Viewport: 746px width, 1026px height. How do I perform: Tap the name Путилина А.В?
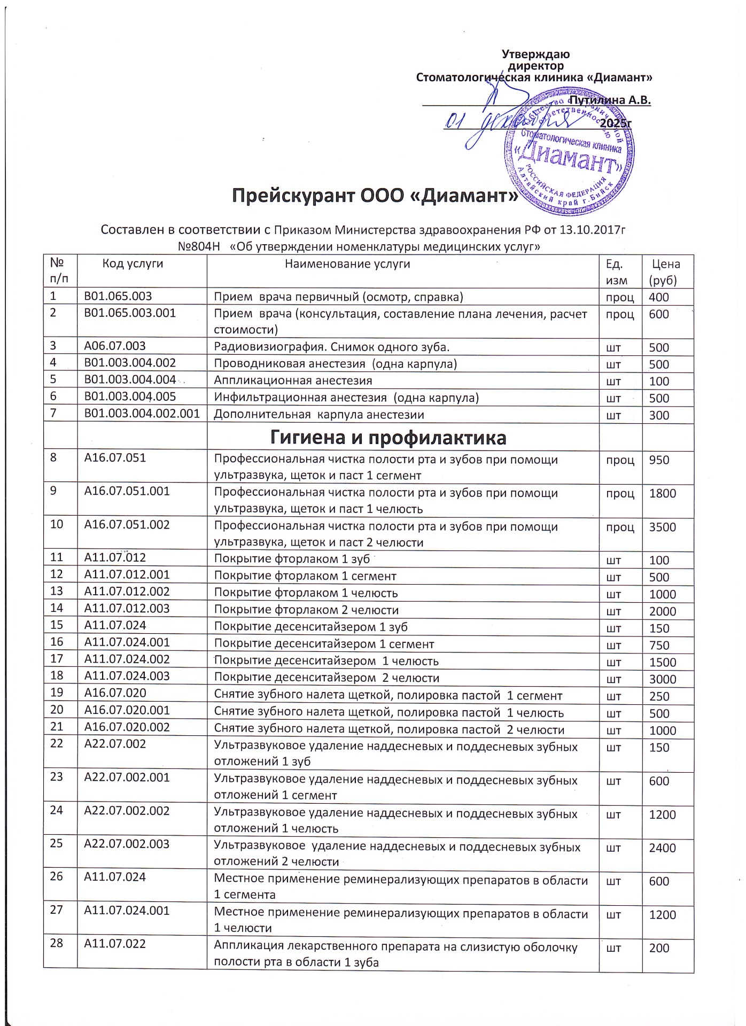coord(610,100)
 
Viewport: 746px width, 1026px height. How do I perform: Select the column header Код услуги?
coord(133,263)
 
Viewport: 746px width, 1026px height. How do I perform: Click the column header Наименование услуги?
coord(347,263)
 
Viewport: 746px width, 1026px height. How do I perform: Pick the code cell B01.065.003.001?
coord(130,313)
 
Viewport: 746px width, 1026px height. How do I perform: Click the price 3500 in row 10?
coord(663,527)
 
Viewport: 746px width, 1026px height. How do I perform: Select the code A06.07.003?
coord(115,347)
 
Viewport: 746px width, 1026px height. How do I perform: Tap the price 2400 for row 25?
coord(663,848)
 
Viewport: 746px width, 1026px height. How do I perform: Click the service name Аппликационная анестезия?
coord(293,381)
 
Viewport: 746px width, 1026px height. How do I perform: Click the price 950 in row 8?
coord(659,460)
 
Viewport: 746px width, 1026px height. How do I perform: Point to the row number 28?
coord(57,944)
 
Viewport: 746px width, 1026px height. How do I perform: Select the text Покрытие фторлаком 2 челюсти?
coord(306,611)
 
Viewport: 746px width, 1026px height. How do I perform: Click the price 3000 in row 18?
coord(663,680)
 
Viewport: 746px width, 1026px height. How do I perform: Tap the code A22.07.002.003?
coord(127,844)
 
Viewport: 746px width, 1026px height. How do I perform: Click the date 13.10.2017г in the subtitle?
coord(592,230)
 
